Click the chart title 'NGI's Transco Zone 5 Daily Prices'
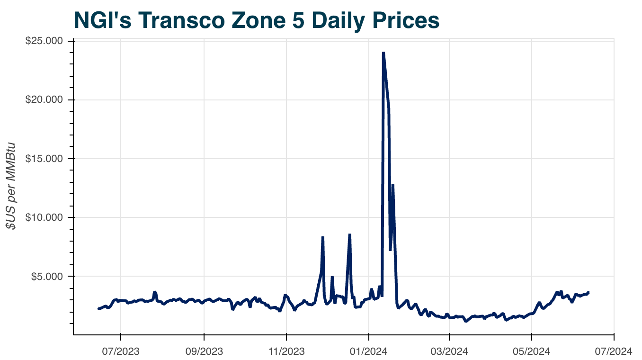tap(256, 20)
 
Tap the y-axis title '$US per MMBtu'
tap(11, 186)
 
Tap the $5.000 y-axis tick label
tap(48, 276)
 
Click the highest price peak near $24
tap(383, 53)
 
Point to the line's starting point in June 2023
tap(98, 309)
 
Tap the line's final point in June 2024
tap(588, 292)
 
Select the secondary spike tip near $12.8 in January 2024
tap(393, 185)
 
